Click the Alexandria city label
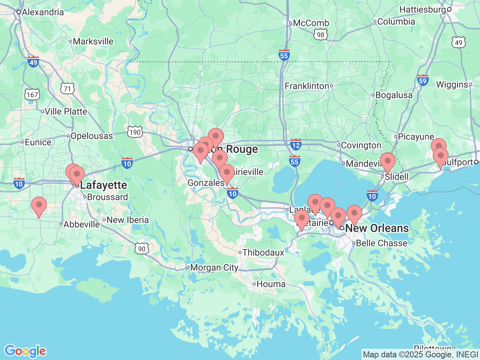pos(42,12)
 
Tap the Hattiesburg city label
pos(423,9)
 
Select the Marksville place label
pos(93,41)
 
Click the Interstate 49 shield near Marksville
pos(33,62)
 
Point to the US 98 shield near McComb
pos(320,35)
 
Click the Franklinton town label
pos(307,86)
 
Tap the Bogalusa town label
pos(394,95)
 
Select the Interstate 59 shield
pos(423,80)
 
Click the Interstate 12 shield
pos(295,145)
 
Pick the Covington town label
pos(361,145)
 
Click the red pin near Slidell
pos(388,162)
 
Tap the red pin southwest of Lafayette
pos(39,206)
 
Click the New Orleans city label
pos(376,228)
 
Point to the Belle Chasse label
pos(381,243)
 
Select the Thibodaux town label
pos(263,252)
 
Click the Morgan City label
pos(214,267)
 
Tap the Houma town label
pos(271,284)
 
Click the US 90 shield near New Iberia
pos(141,249)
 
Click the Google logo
pos(25,351)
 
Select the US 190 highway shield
pos(135,132)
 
